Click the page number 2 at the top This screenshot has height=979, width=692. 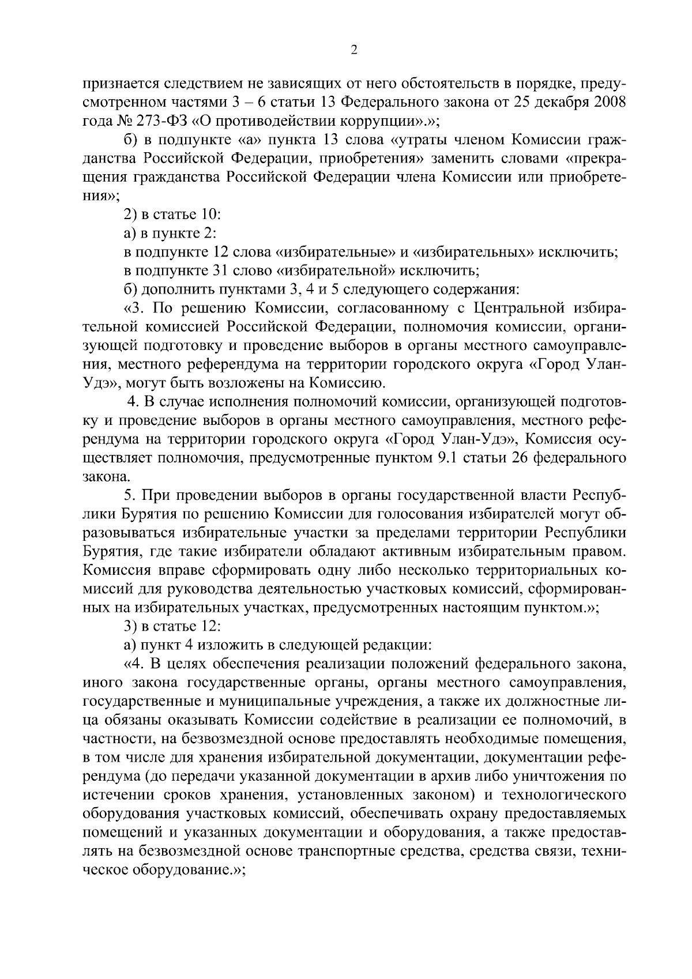coord(354,50)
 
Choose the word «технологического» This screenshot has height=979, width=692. coord(564,795)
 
